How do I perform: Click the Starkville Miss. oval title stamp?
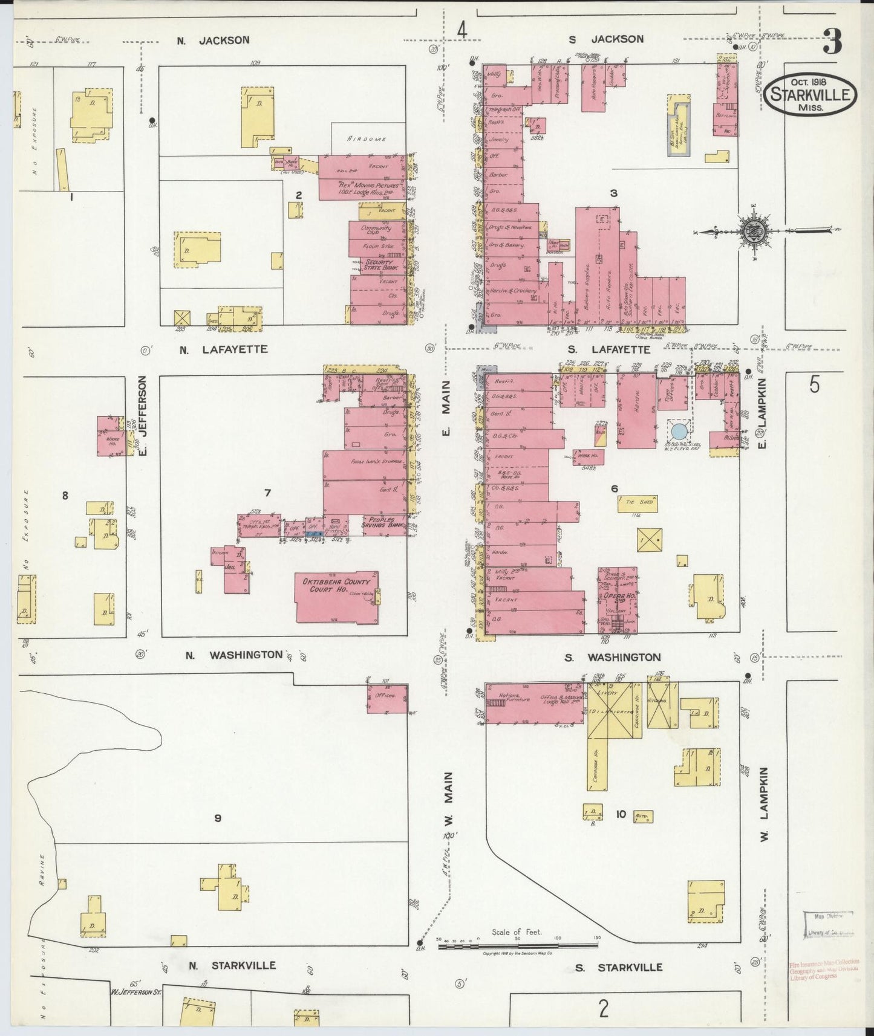[810, 93]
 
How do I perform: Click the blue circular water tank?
[679, 432]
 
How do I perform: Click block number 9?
[218, 818]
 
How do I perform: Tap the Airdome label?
[367, 138]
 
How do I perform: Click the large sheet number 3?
[832, 43]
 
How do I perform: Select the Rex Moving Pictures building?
[361, 188]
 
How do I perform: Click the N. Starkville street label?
[231, 965]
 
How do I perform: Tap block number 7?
[267, 493]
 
